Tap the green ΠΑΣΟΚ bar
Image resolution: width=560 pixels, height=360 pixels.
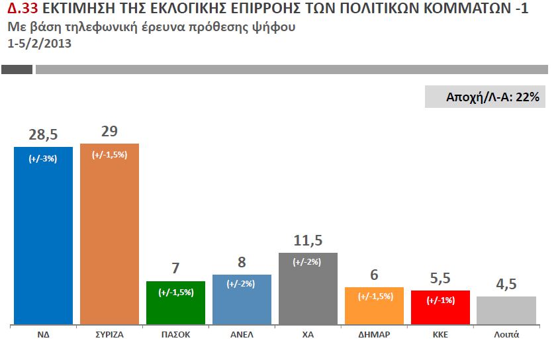pyautogui.click(x=175, y=308)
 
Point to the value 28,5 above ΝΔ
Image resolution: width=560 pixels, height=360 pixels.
pyautogui.click(x=43, y=134)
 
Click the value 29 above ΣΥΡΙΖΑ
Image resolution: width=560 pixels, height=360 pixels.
pyautogui.click(x=109, y=131)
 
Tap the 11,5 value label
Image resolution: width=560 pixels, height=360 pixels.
pyautogui.click(x=308, y=240)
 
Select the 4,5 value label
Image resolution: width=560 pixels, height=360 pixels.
pyautogui.click(x=506, y=285)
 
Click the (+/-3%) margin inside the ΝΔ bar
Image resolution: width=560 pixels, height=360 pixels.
pyautogui.click(x=43, y=159)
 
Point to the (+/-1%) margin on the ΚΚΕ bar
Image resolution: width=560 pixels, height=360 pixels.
pyautogui.click(x=440, y=300)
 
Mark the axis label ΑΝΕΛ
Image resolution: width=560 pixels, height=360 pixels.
pyautogui.click(x=242, y=335)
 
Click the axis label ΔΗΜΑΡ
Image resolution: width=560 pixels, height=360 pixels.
pyautogui.click(x=374, y=335)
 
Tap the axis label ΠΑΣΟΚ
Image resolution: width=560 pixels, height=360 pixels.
pyautogui.click(x=175, y=335)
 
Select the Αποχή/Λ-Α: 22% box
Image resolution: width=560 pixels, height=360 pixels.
pyautogui.click(x=485, y=97)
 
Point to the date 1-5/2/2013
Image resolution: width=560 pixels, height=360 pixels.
pyautogui.click(x=39, y=44)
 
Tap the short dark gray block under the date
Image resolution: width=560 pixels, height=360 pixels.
pyautogui.click(x=17, y=69)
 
